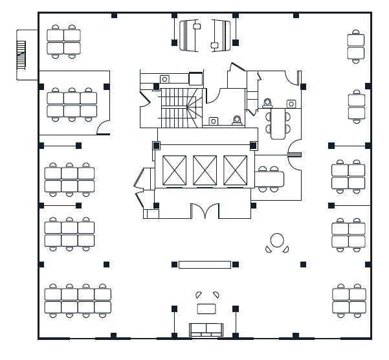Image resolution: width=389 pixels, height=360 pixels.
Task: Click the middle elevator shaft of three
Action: coord(205,170)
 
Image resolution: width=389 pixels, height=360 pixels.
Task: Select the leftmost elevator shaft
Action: coord(174,170)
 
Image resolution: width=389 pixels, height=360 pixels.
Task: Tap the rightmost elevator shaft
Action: coord(235,170)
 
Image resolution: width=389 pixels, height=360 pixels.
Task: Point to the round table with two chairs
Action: coord(277,240)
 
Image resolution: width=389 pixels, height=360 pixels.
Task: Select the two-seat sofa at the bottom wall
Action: coord(205,329)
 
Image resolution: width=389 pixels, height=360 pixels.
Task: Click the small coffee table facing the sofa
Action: coord(206,308)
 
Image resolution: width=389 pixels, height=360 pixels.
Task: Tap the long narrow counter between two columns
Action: coord(205,264)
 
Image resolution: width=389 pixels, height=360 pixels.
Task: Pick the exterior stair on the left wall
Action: coord(21,54)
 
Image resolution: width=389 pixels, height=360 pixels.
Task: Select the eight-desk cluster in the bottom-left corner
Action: coord(78,300)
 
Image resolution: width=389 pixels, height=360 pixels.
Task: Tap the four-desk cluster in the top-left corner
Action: coord(63,41)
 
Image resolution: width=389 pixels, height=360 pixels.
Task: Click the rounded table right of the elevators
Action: coord(271,177)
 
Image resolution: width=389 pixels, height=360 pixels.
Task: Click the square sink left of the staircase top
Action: coord(195,78)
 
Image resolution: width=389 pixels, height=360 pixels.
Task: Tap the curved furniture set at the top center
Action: coord(205,34)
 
